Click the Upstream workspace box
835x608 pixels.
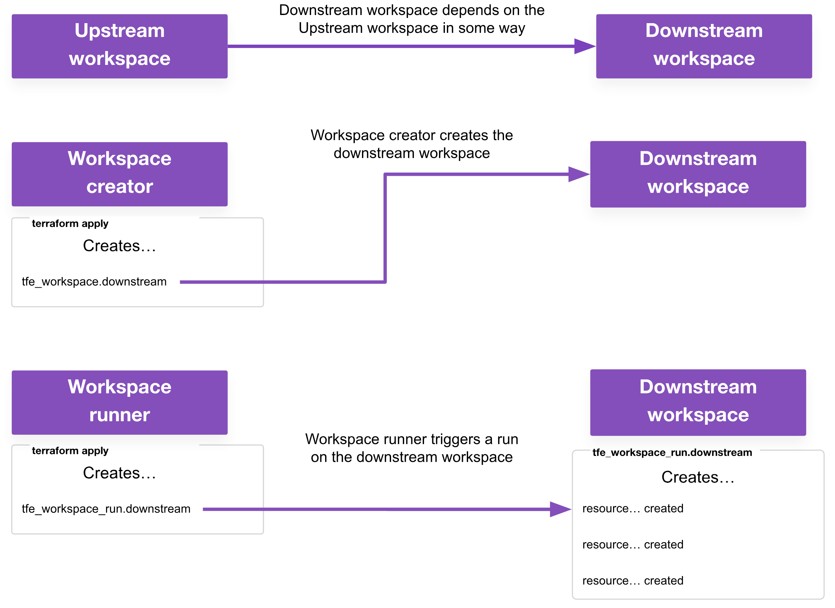[x=120, y=46]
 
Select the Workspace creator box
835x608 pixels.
[x=120, y=174]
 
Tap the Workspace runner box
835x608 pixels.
[x=120, y=402]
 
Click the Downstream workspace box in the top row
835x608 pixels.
[x=704, y=46]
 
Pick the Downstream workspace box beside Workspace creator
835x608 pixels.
[x=698, y=174]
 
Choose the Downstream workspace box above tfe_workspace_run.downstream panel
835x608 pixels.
[x=698, y=402]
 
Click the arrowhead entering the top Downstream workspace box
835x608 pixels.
[x=585, y=46]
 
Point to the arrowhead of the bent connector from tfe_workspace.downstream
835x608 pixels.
[x=579, y=175]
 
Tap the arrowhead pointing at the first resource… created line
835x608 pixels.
[x=560, y=509]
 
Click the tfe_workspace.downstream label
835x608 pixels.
[x=94, y=281]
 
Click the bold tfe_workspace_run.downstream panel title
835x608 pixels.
[x=672, y=452]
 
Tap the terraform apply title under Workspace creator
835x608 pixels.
[x=70, y=223]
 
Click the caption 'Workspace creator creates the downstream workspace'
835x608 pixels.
[x=411, y=144]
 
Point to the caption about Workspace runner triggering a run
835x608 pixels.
[x=411, y=448]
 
